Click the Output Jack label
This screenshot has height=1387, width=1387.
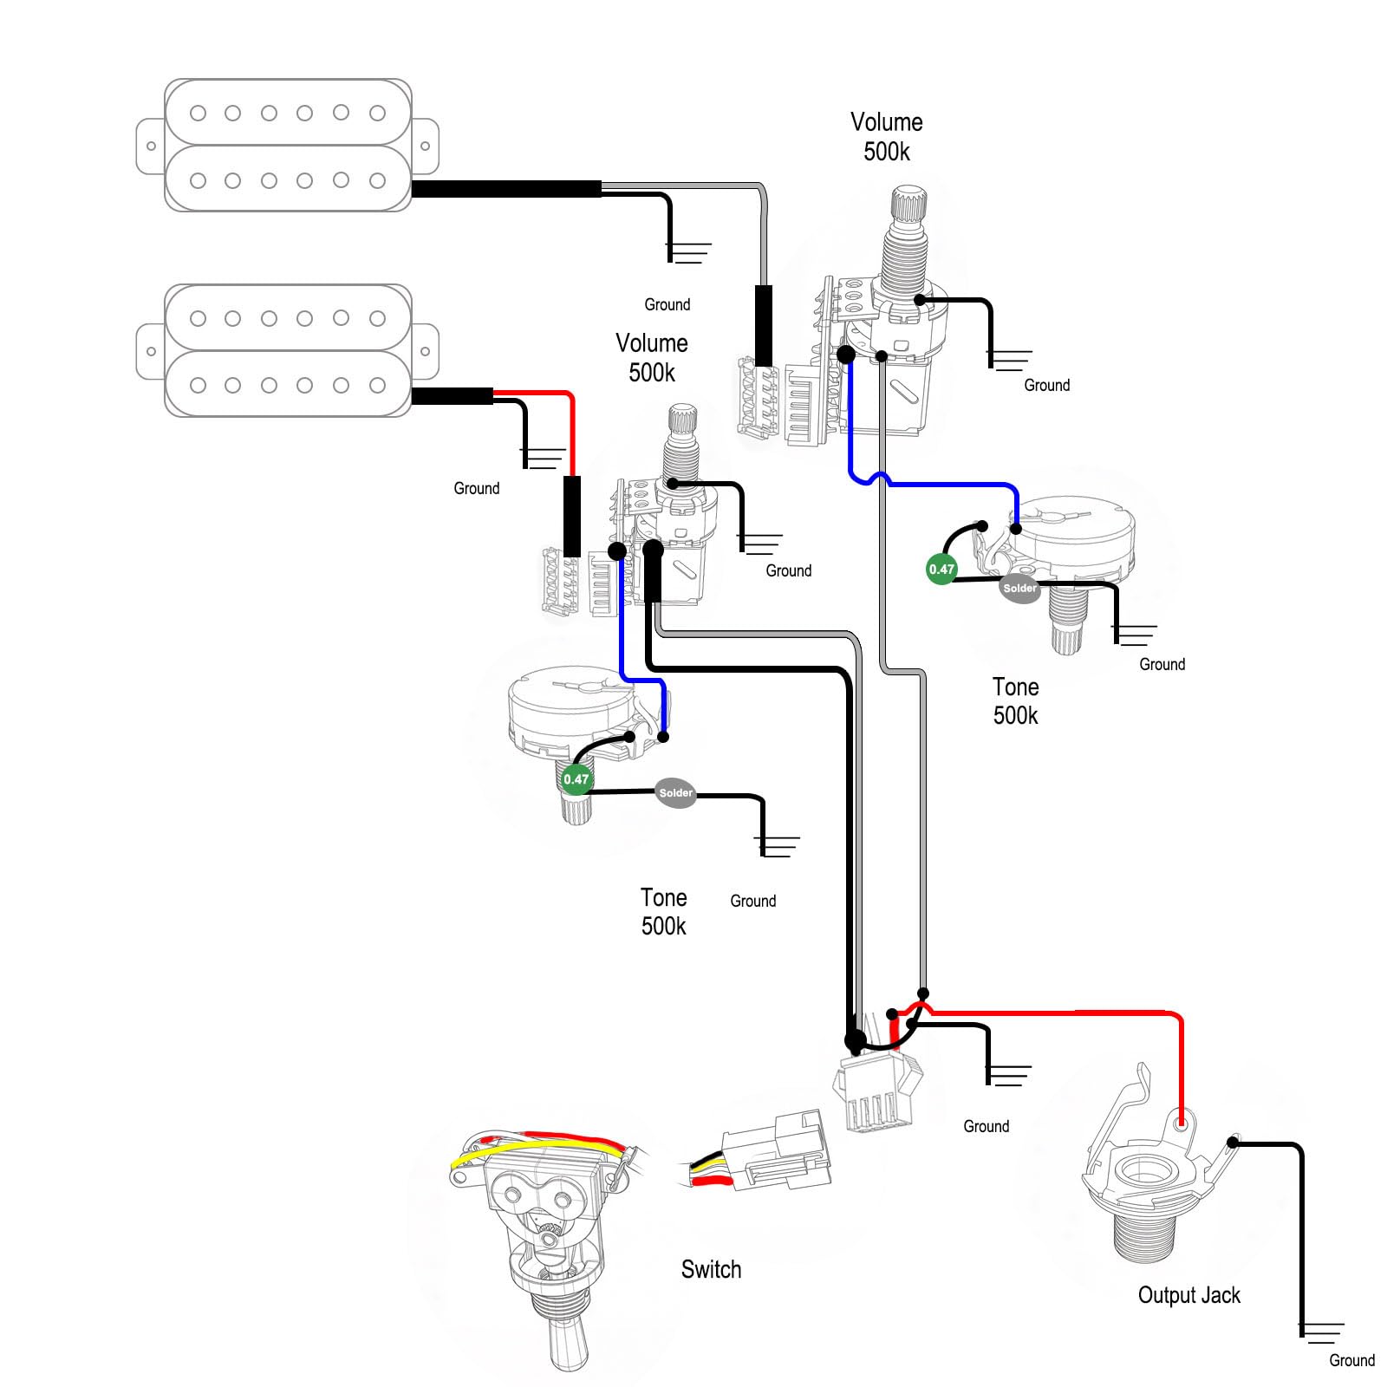coord(1188,1295)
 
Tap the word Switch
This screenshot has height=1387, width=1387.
coord(711,1269)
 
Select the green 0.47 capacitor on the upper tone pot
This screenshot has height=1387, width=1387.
coord(941,570)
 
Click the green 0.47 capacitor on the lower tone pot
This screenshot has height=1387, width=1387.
coord(576,779)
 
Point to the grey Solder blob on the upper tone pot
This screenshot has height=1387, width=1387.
coord(1019,588)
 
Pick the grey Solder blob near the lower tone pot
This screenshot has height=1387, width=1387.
coord(675,792)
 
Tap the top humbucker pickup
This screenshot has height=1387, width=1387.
coord(288,146)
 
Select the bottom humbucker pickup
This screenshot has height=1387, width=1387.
coord(288,351)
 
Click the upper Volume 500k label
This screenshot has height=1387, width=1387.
coord(886,137)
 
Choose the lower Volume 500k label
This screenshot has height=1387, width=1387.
coord(652,358)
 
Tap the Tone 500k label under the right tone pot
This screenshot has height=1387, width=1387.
coord(1015,701)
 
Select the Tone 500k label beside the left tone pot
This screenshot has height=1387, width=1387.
coord(664,912)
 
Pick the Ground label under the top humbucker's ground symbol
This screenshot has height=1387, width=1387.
coord(667,304)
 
